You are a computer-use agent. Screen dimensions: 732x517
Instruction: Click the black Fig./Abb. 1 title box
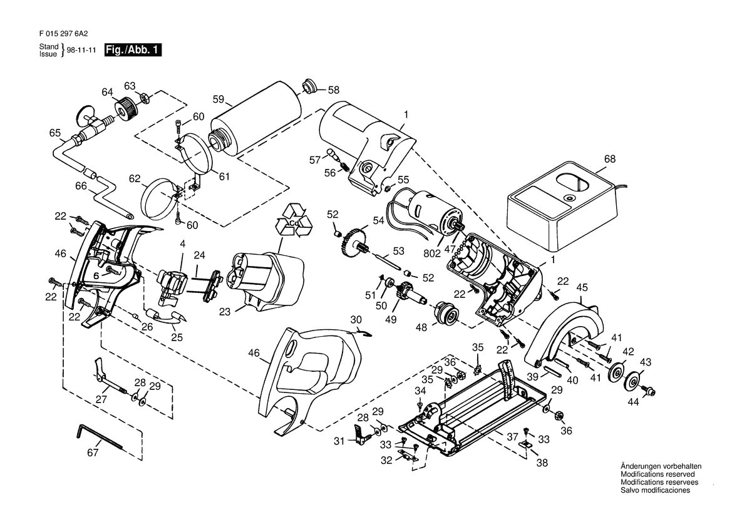point(133,49)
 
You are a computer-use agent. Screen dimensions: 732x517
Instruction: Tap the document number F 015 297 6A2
point(63,34)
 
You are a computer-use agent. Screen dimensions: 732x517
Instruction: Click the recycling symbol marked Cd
point(294,220)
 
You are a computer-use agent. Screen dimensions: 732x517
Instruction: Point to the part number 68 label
point(610,158)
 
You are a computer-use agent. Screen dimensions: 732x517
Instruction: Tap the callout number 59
point(219,100)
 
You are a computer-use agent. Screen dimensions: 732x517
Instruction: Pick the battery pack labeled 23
point(264,280)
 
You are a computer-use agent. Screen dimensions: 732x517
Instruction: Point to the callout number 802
point(432,254)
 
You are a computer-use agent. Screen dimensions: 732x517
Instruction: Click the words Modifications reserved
point(657,474)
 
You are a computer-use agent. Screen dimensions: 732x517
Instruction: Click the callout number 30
point(356,320)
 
